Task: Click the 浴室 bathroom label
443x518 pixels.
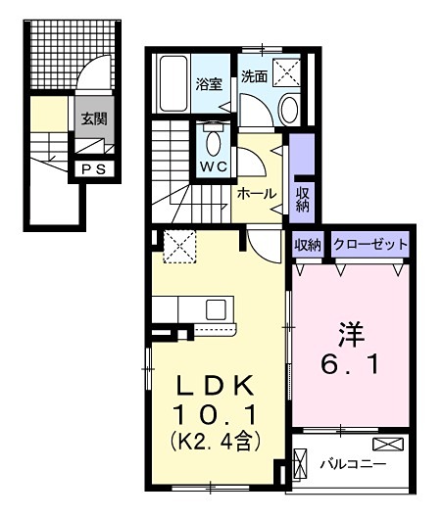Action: click(206, 84)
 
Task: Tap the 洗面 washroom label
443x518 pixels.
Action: click(255, 76)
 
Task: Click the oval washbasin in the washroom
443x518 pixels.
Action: click(289, 110)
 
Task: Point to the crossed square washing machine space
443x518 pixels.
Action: click(286, 71)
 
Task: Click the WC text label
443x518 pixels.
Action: click(214, 165)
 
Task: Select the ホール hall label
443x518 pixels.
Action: click(256, 194)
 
